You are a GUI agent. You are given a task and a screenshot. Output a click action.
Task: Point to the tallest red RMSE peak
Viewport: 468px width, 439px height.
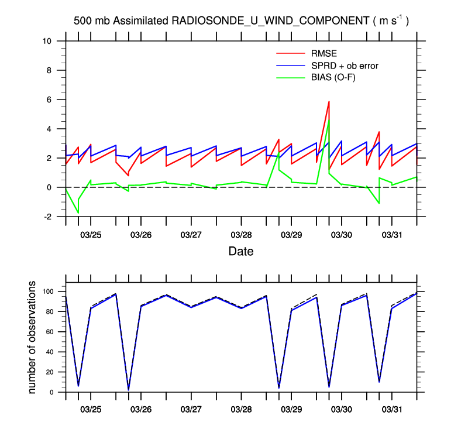coord(329,102)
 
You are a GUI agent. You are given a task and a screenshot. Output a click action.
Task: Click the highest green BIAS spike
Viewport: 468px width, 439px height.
coord(329,120)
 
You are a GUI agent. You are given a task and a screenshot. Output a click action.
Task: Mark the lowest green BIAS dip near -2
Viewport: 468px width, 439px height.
coord(78,213)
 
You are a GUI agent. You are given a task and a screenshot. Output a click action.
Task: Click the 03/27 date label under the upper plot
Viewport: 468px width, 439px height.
coord(191,235)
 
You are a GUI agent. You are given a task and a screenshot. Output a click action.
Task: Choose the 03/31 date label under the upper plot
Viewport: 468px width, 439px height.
coord(391,235)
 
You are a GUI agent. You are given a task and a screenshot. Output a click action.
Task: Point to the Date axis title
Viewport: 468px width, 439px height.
coord(240,252)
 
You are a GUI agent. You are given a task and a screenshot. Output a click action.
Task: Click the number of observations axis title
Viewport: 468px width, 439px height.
coord(33,338)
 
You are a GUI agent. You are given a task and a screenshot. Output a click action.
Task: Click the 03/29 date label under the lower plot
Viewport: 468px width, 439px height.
coord(291,406)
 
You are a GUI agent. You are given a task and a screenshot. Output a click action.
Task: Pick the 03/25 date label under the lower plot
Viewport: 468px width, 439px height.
coord(91,406)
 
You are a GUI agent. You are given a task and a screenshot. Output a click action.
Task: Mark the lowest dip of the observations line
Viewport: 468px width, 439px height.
coord(129,389)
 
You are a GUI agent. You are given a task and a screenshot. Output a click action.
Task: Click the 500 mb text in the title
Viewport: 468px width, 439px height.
coord(92,21)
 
